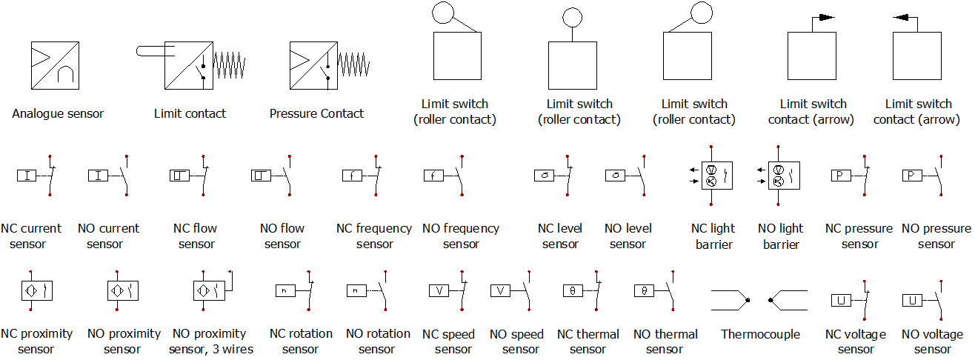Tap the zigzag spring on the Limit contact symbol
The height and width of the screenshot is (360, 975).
coord(230,65)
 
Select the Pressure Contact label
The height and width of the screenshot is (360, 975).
coord(316,113)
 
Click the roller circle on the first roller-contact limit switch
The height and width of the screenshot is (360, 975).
coord(443,13)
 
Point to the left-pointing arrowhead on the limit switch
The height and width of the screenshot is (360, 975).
coord(901,18)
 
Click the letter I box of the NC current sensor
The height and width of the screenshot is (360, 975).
coord(27,176)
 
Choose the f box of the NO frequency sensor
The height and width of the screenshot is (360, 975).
coord(433,176)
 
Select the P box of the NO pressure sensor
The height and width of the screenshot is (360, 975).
coord(912,176)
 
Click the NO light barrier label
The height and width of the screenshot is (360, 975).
coord(780,236)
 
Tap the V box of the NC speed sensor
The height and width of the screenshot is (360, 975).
coord(439,290)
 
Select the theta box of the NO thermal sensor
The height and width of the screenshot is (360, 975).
coord(645,290)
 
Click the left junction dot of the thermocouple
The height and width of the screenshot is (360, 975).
coord(748,300)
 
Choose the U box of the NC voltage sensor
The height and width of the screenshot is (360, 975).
coord(841,300)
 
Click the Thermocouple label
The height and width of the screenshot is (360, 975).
coord(760,334)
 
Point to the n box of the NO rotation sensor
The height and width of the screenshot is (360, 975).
coord(356,290)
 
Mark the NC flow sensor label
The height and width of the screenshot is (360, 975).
coord(196,236)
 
